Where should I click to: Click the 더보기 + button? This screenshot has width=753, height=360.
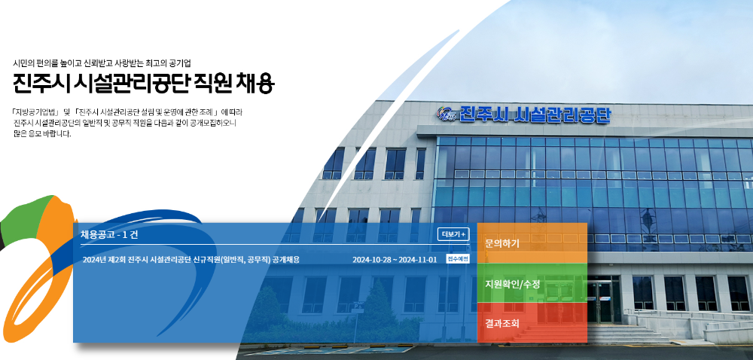(453, 234)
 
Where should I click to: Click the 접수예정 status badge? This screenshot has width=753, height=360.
(457, 259)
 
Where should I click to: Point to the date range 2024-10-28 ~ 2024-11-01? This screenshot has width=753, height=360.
(395, 260)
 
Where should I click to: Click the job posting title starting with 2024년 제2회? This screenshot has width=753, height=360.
(191, 260)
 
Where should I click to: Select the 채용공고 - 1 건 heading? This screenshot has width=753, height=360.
(109, 234)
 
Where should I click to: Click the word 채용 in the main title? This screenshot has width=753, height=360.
(256, 83)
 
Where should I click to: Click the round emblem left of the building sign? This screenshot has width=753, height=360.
(447, 114)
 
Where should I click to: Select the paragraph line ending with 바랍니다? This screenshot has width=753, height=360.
(42, 134)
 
